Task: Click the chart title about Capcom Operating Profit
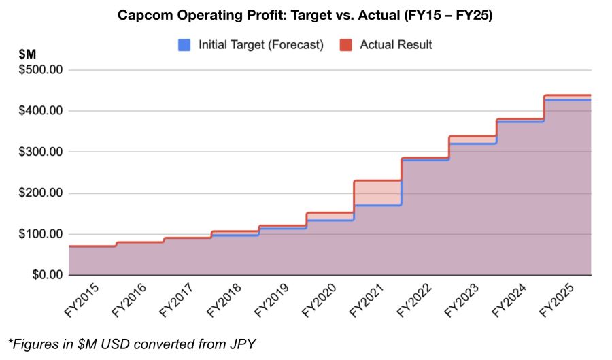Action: pos(305,15)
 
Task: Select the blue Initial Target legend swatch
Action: pos(184,45)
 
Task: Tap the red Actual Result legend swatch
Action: pos(345,45)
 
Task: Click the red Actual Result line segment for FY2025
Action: pos(568,95)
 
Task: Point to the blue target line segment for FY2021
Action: pos(377,205)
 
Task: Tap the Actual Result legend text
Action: pos(396,45)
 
